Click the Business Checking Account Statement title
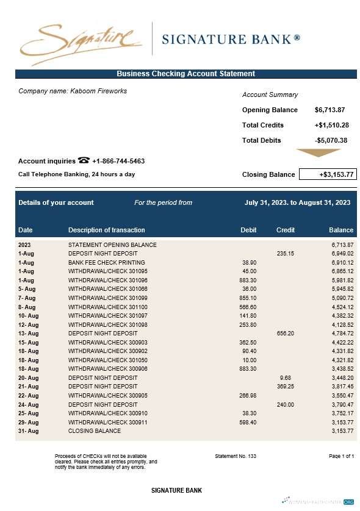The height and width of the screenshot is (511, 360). (x=185, y=74)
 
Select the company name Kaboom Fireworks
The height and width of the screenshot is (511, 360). (x=73, y=91)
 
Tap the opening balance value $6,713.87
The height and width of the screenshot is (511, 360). (x=330, y=110)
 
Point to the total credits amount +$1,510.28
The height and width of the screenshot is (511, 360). (x=331, y=125)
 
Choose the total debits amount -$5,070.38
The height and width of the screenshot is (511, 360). (x=331, y=140)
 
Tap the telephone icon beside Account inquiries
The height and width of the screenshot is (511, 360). (x=84, y=161)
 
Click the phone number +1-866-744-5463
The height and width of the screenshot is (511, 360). (x=118, y=162)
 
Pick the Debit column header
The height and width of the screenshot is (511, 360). (x=248, y=230)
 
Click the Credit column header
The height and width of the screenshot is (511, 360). (x=285, y=230)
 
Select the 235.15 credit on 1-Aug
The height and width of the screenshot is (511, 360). (x=285, y=253)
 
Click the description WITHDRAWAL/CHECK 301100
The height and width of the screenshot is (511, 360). (x=108, y=307)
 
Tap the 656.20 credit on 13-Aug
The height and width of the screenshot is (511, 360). (x=285, y=334)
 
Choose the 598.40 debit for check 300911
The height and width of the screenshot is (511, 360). (x=248, y=422)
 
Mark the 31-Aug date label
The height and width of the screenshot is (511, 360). (x=29, y=431)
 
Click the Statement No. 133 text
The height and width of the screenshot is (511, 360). (x=236, y=456)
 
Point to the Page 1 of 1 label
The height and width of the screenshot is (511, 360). (x=340, y=456)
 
